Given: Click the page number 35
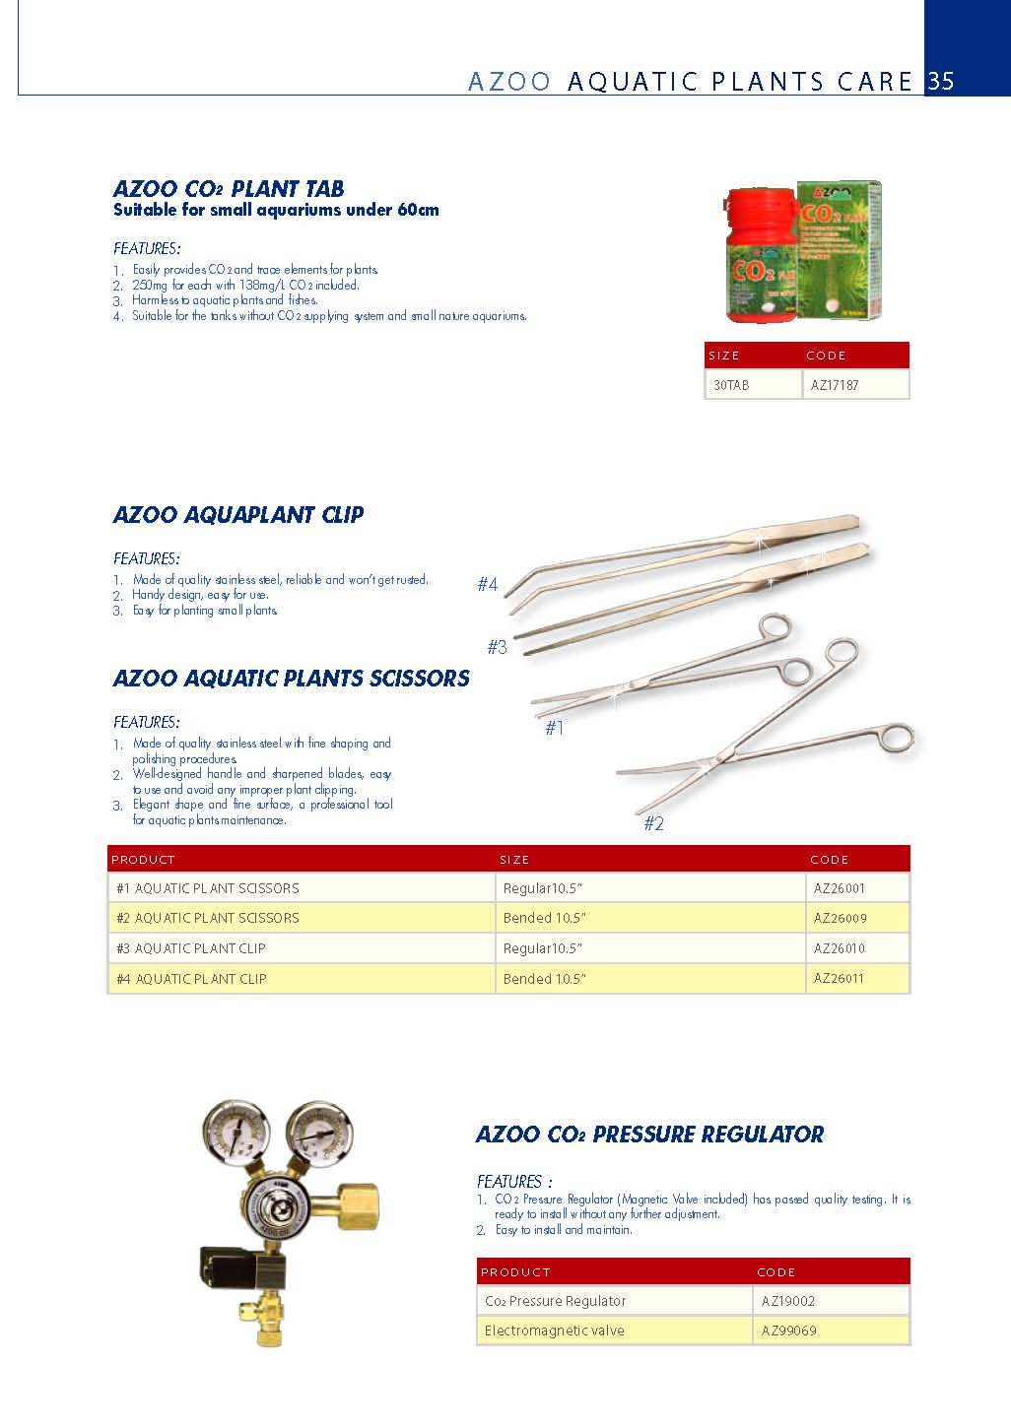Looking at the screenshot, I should coord(941,81).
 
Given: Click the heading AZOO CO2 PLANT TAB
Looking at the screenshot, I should coord(229,188).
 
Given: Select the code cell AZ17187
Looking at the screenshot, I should coord(835,385).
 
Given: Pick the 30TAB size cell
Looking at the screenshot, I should coord(731,385).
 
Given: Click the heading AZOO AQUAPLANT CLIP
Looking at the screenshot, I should coord(238,514).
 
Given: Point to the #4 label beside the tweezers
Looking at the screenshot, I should coord(488,584).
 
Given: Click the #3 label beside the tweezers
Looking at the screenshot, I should coord(497,647).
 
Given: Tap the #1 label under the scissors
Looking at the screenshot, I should coord(555,728).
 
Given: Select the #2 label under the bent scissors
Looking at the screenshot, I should coord(653,823).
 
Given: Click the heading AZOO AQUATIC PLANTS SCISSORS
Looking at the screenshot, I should coord(292,678).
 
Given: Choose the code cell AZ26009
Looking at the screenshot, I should coord(841,918).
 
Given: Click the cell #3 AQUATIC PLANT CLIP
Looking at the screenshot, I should coord(191,948).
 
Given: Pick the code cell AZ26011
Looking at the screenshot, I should coord(840,978).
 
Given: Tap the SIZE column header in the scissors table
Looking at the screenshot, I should coord(514,860).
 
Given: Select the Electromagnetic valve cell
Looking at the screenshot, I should coord(555,1331).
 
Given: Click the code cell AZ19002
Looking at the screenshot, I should coord(788,1301).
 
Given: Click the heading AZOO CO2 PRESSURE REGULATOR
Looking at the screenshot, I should coord(649,1134).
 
